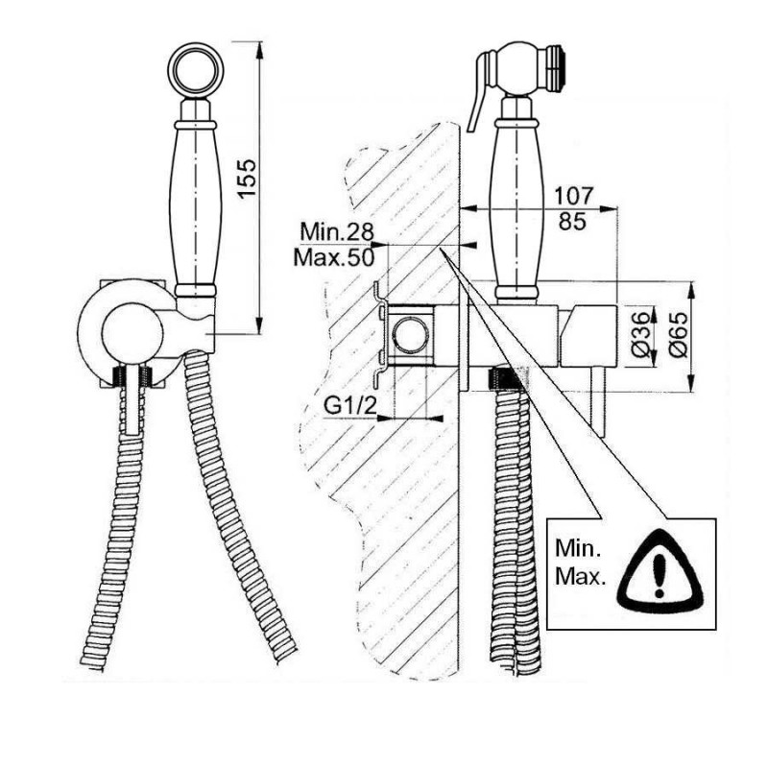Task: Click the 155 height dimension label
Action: click(x=248, y=178)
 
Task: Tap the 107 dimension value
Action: click(x=573, y=196)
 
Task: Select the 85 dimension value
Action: click(x=572, y=222)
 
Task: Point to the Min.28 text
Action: click(x=337, y=231)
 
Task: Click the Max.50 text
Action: click(x=333, y=257)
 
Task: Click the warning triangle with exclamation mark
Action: click(x=660, y=568)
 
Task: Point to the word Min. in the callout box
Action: click(x=578, y=549)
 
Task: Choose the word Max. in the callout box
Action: click(x=581, y=577)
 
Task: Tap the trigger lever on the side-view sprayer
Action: click(x=481, y=90)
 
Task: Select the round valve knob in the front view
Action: click(x=132, y=334)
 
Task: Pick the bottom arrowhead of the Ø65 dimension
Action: click(x=691, y=382)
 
